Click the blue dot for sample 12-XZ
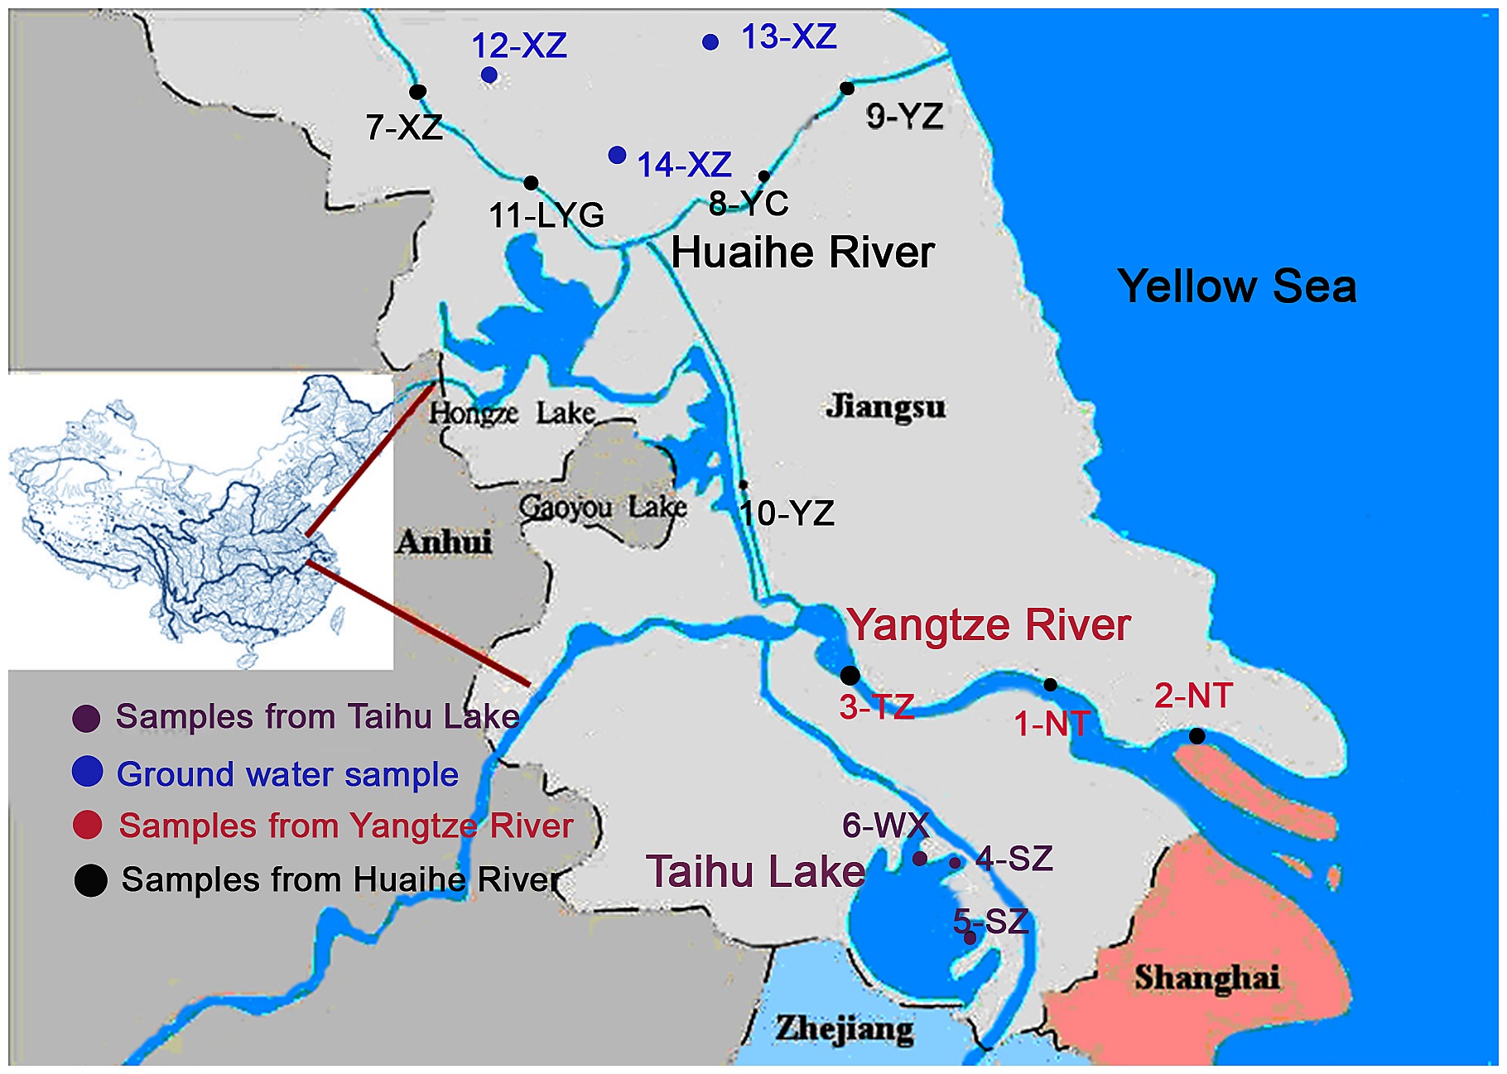coord(489,75)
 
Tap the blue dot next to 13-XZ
coord(710,41)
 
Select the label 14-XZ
coord(684,165)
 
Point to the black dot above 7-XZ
coord(418,91)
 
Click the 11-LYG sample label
coord(546,215)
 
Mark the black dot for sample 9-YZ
coord(847,88)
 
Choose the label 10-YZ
coord(787,513)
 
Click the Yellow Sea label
coord(1237,287)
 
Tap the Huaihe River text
coord(802,253)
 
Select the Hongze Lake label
coord(512,412)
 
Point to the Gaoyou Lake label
coord(603,507)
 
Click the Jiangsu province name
coord(885,407)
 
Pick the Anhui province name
coord(444,542)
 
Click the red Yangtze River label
coord(988,624)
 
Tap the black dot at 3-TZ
coord(850,675)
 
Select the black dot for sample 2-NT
coord(1196,735)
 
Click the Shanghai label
coord(1206,978)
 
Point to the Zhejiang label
coord(845,1029)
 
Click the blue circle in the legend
coord(87,771)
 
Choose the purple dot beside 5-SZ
coord(970,938)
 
